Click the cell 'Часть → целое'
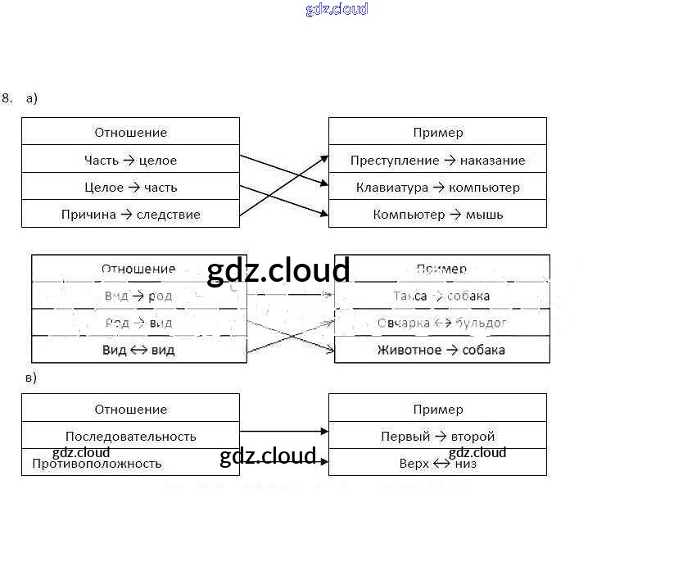tap(130, 160)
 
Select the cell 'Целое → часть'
tap(130, 187)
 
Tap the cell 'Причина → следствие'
tap(130, 215)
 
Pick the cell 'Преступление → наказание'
tap(437, 160)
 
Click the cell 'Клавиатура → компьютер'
tap(437, 187)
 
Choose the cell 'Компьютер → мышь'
tap(437, 215)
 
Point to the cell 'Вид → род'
tap(138, 296)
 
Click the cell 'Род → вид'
tap(138, 323)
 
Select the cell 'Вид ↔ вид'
tap(138, 350)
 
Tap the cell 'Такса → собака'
tap(441, 296)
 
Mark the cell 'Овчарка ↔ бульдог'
tap(441, 323)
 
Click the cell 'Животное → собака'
tap(441, 350)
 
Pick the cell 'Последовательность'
tap(130, 436)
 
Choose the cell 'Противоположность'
tap(130, 463)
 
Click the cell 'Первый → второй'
tap(437, 436)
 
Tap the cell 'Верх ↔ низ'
tap(437, 463)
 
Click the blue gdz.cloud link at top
tap(337, 9)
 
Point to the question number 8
tap(7, 98)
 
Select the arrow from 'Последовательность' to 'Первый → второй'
tap(283, 431)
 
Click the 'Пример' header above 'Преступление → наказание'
tap(437, 132)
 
